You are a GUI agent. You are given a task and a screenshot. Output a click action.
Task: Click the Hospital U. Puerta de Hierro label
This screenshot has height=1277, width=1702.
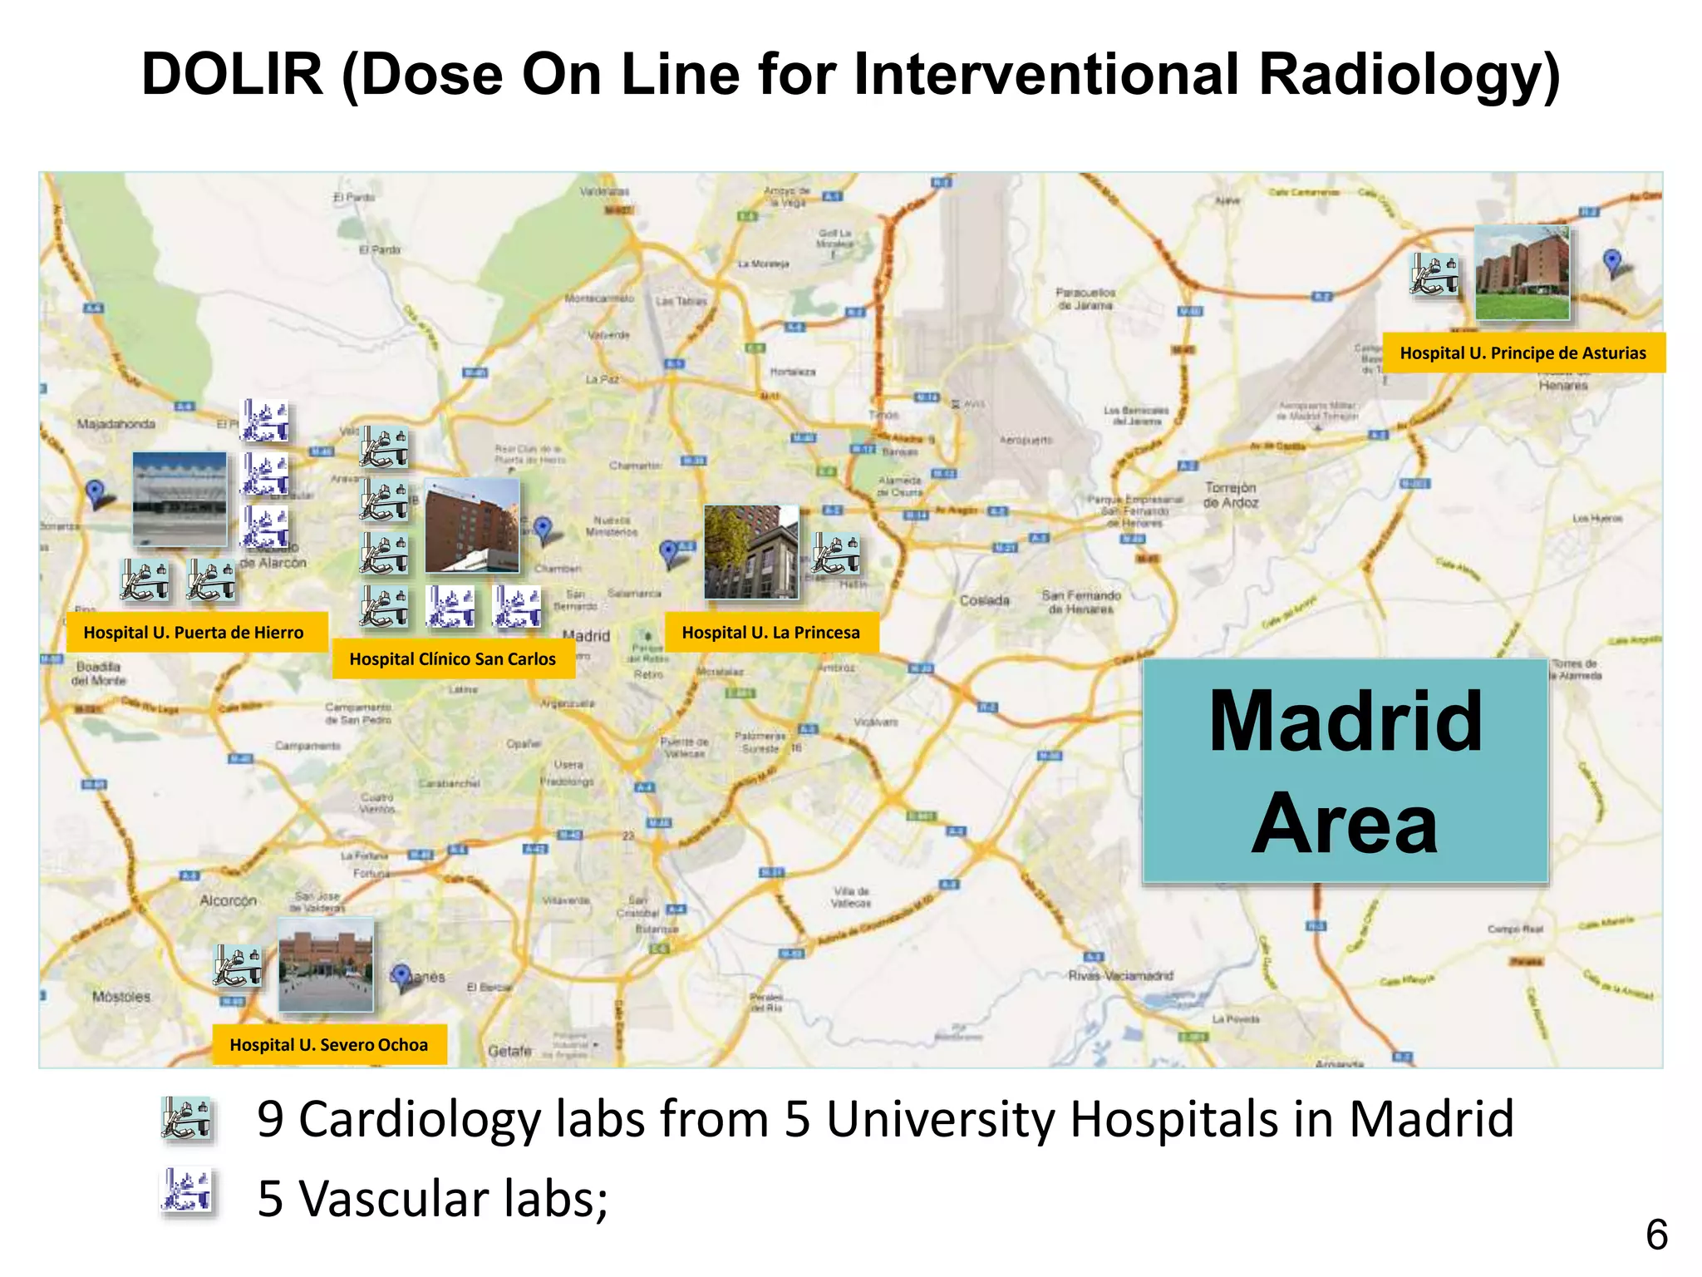(194, 633)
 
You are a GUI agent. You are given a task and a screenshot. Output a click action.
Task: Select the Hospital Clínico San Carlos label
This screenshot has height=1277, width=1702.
(452, 659)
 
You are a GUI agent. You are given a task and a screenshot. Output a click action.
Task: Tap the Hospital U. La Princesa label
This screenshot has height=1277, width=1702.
(770, 633)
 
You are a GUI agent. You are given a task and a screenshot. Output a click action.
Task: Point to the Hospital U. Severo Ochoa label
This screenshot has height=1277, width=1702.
(328, 1045)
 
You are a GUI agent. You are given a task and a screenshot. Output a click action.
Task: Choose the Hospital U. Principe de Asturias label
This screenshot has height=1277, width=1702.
(1522, 353)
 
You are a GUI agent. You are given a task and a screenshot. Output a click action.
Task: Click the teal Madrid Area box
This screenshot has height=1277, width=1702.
(1345, 771)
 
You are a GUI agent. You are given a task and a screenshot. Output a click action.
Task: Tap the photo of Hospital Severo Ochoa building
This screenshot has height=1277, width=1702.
(325, 965)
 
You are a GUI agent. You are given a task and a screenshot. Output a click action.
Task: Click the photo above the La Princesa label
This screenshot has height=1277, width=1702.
(750, 552)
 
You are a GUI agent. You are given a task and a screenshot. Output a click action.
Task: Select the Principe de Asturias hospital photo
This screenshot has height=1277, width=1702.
(1522, 273)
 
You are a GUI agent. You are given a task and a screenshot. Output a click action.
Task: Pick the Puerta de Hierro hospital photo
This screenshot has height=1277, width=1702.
(180, 499)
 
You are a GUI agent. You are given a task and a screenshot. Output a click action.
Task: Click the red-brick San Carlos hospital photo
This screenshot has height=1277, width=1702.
(472, 525)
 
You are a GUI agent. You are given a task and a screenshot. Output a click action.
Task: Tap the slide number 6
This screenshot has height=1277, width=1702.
(1656, 1235)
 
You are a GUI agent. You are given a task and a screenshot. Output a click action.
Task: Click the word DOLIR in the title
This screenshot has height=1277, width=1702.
(232, 75)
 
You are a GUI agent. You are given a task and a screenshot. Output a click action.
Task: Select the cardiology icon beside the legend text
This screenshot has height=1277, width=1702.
(187, 1118)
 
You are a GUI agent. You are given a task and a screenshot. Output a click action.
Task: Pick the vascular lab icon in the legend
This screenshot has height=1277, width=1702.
(187, 1191)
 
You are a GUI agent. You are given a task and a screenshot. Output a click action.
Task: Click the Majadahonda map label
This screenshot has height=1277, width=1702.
(116, 424)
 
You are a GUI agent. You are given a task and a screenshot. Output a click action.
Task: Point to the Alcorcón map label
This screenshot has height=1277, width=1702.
(228, 900)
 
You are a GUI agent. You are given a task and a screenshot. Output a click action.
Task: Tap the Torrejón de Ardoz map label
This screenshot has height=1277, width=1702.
(1231, 495)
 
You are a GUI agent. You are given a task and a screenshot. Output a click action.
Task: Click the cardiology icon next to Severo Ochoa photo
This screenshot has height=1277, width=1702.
(239, 966)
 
